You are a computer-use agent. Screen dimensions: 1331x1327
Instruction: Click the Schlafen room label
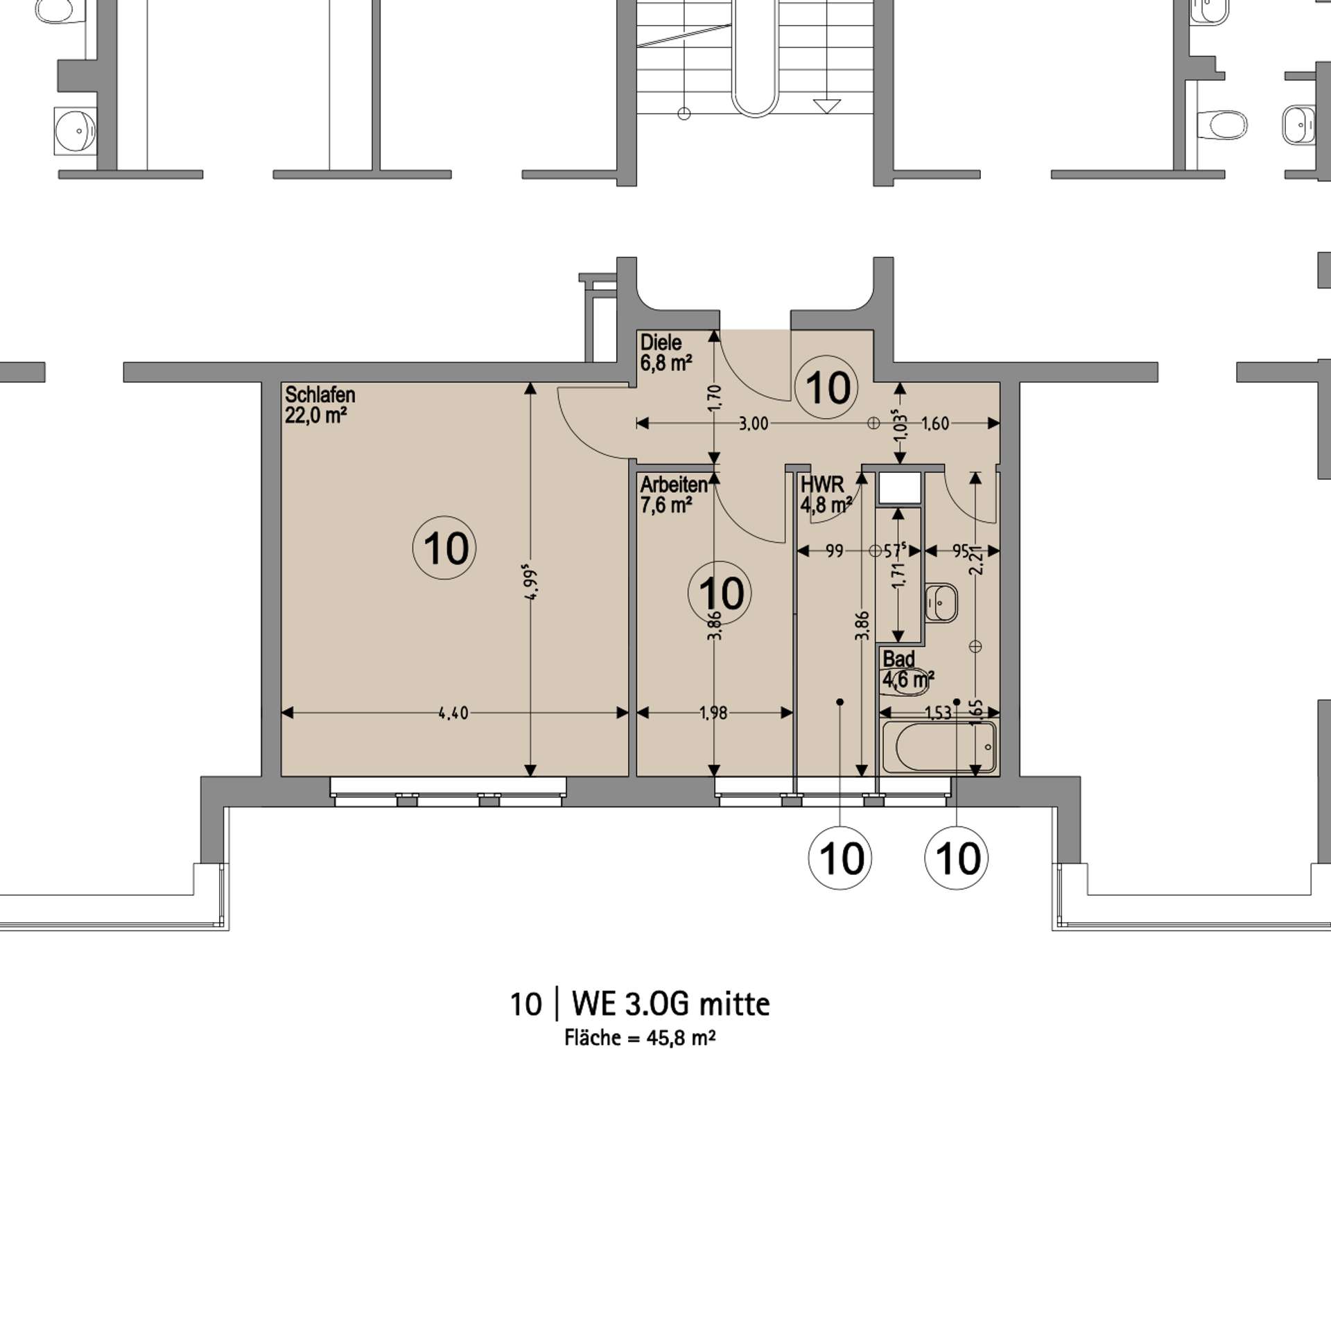pos(320,395)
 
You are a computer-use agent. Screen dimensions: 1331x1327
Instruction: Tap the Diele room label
pos(661,342)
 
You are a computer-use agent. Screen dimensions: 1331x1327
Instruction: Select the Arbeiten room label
pos(674,485)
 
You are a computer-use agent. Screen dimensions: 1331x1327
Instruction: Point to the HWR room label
pos(822,484)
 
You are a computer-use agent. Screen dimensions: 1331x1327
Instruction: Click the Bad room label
pos(898,659)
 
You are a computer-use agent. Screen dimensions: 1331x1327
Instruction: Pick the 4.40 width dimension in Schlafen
pos(453,713)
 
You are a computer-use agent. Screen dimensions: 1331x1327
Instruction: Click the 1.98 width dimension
pos(713,713)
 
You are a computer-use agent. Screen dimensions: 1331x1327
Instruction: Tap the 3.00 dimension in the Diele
pos(753,424)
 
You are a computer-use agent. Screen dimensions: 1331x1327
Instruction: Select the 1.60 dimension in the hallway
pos(935,424)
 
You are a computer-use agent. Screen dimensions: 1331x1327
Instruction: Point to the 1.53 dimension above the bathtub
pos(938,713)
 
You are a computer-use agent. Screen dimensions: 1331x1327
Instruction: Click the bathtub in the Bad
pos(939,747)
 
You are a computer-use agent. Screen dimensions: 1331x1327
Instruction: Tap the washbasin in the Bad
pos(941,602)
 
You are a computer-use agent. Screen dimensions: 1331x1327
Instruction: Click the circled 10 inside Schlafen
pos(444,548)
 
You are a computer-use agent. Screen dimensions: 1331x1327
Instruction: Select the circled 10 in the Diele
pos(826,387)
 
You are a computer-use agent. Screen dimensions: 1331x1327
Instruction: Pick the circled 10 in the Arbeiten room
pos(720,593)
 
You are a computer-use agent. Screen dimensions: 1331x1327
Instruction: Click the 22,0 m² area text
pos(315,415)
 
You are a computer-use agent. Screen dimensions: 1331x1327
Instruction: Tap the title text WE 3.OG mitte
pos(670,1004)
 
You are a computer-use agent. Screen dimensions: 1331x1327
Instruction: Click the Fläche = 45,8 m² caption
pos(640,1037)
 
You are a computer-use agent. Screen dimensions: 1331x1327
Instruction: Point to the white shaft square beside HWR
pos(899,487)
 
